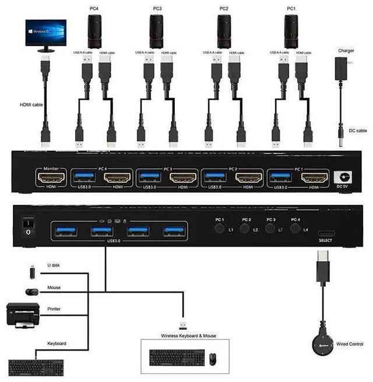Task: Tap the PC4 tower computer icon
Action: [94, 31]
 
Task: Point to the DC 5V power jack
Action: [343, 177]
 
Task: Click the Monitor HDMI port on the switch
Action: [51, 177]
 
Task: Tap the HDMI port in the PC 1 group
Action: [314, 177]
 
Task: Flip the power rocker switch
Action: [27, 227]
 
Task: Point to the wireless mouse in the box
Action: [213, 358]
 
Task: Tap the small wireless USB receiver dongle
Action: [183, 324]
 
